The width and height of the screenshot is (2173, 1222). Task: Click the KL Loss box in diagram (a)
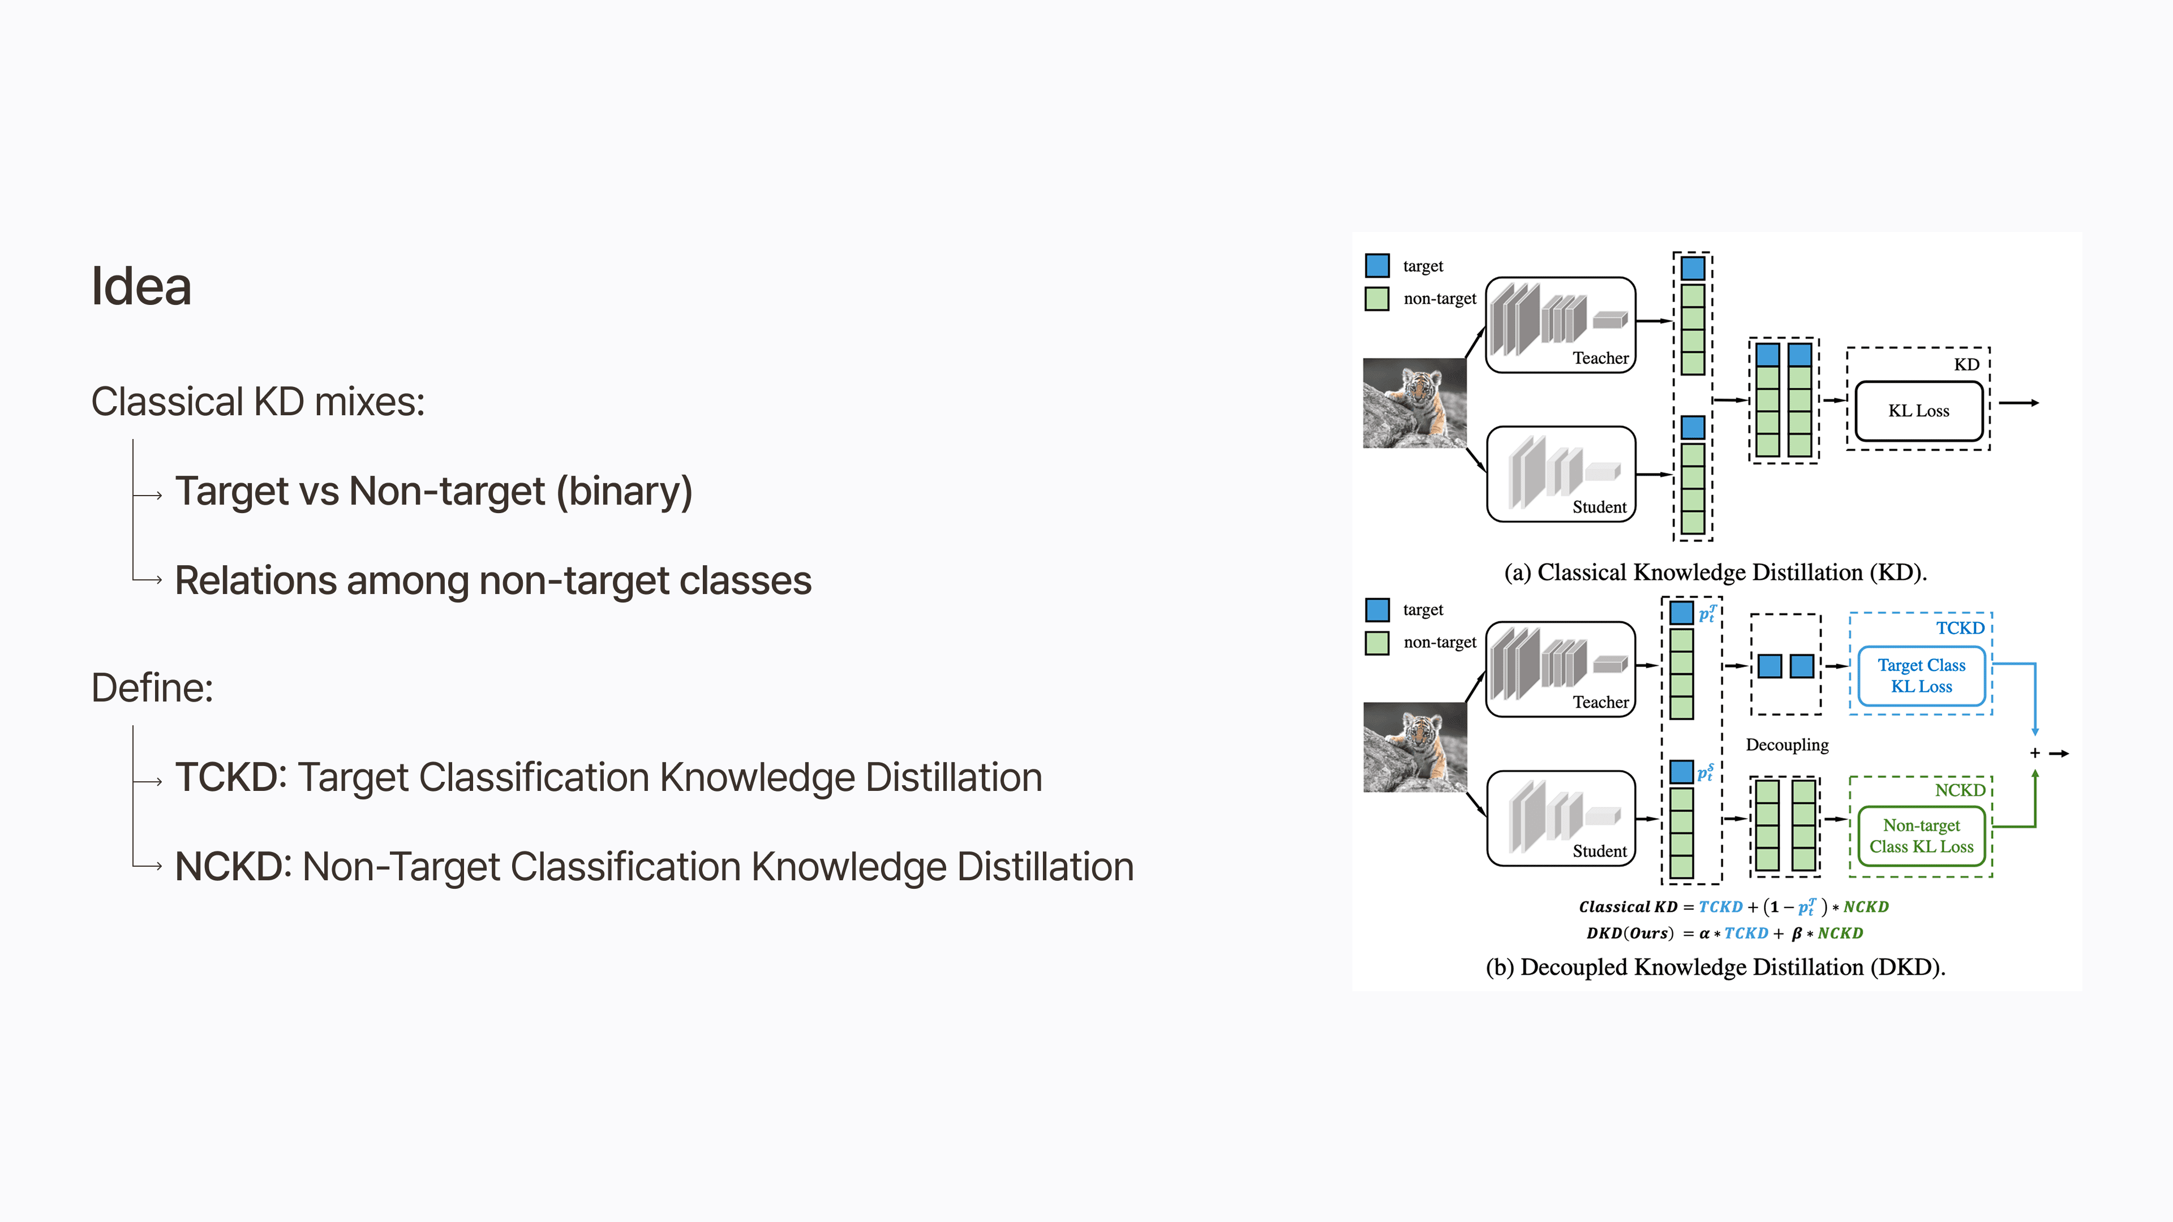click(x=1919, y=411)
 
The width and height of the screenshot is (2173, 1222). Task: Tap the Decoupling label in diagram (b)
click(x=1787, y=745)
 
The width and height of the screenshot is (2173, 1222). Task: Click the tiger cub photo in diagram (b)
click(x=1415, y=747)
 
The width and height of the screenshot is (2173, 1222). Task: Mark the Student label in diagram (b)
click(x=1599, y=851)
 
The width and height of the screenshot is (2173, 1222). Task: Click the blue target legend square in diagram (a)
click(x=1377, y=266)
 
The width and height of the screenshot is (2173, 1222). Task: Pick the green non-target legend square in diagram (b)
click(x=1377, y=643)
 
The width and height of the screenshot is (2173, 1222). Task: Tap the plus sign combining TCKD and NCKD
click(x=2035, y=753)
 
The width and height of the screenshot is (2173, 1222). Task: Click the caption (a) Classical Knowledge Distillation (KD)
click(x=1716, y=573)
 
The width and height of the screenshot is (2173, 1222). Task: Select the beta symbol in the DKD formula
click(x=1797, y=933)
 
